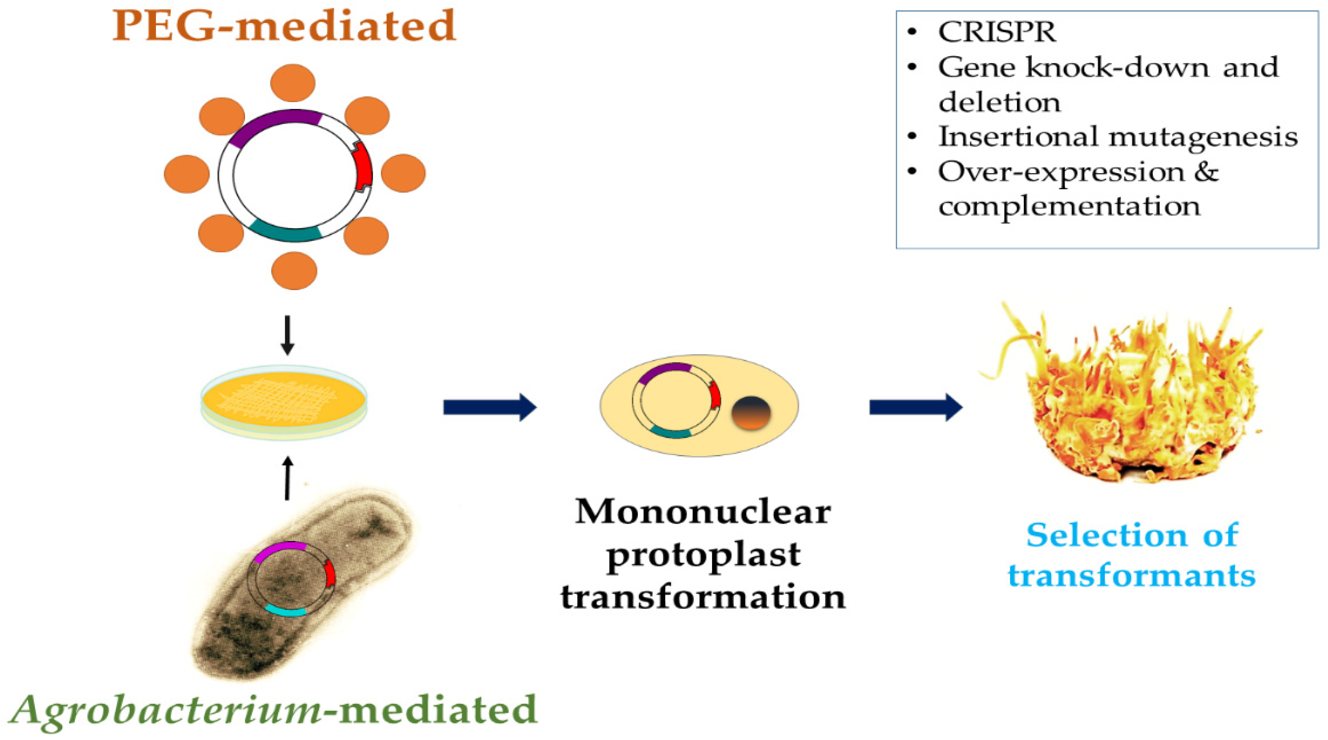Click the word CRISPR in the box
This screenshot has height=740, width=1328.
pos(997,32)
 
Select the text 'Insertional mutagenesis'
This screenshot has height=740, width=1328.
pos(1118,137)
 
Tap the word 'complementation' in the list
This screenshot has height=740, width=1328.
pos(1069,206)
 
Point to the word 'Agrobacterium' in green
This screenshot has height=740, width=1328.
pos(165,711)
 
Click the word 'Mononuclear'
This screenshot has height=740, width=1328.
pos(703,512)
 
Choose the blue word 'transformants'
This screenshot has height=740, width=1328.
pos(1131,576)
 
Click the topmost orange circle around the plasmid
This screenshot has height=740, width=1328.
pos(293,82)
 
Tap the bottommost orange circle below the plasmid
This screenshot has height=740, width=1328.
pos(294,270)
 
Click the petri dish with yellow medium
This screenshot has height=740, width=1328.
pos(284,402)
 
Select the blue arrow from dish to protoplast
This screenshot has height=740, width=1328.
pos(489,407)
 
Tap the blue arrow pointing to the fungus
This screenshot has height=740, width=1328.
pos(915,407)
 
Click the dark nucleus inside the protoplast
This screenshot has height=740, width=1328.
pos(751,413)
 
